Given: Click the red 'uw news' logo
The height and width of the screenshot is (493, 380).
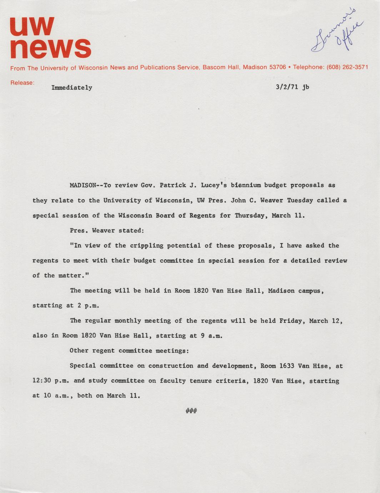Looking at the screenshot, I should tap(50, 38).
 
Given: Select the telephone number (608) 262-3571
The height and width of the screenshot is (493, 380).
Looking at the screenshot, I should tap(347, 67).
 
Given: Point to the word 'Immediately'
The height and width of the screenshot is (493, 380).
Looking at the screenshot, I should tap(72, 88).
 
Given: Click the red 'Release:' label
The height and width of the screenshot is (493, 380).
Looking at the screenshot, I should tap(22, 83).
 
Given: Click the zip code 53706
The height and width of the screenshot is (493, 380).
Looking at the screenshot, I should tap(277, 67).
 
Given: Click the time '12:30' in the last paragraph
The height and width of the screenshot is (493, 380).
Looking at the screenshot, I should tap(42, 381).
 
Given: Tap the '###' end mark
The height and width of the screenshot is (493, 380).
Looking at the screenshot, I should tap(191, 411).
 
